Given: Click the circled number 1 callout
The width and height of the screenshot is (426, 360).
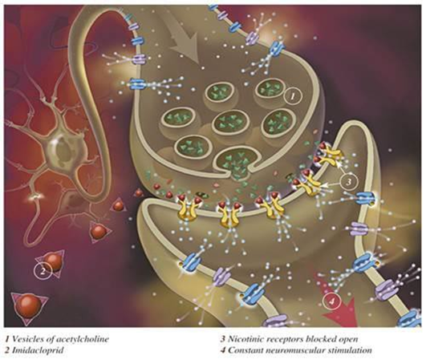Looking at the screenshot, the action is pyautogui.click(x=292, y=96).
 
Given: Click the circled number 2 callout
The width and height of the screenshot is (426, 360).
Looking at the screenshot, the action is pyautogui.click(x=43, y=272).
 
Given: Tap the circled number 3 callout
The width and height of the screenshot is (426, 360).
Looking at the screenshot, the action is pyautogui.click(x=349, y=182).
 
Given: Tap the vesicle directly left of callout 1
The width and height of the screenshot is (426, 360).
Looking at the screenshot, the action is pyautogui.click(x=269, y=90).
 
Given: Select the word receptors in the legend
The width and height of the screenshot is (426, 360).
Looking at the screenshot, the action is pyautogui.click(x=298, y=339).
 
